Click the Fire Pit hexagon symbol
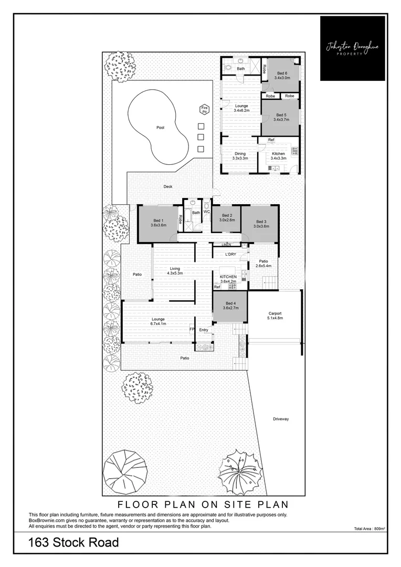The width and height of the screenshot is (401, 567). [x=204, y=110]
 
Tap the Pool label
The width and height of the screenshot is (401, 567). [x=160, y=128]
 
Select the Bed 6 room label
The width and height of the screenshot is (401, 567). [x=282, y=76]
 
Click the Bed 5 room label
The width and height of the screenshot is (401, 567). [x=281, y=117]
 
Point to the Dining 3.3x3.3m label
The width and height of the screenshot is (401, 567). [x=240, y=156]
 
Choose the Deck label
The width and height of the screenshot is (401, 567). [x=168, y=186]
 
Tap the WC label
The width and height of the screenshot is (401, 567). [x=207, y=212]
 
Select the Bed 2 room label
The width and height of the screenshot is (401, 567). [x=227, y=218]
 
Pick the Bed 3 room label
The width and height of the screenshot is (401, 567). [x=261, y=224]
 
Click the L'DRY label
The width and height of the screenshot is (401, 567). [x=231, y=254]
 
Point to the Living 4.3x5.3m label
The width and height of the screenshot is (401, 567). [x=174, y=271]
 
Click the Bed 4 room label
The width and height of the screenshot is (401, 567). [x=230, y=306]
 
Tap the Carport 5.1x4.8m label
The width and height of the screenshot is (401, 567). [x=275, y=316]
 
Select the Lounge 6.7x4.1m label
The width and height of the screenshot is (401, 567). [x=158, y=321]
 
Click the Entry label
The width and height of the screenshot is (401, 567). [x=204, y=330]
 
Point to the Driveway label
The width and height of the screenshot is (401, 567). [x=281, y=419]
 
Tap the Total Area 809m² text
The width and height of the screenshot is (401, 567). [x=370, y=529]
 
